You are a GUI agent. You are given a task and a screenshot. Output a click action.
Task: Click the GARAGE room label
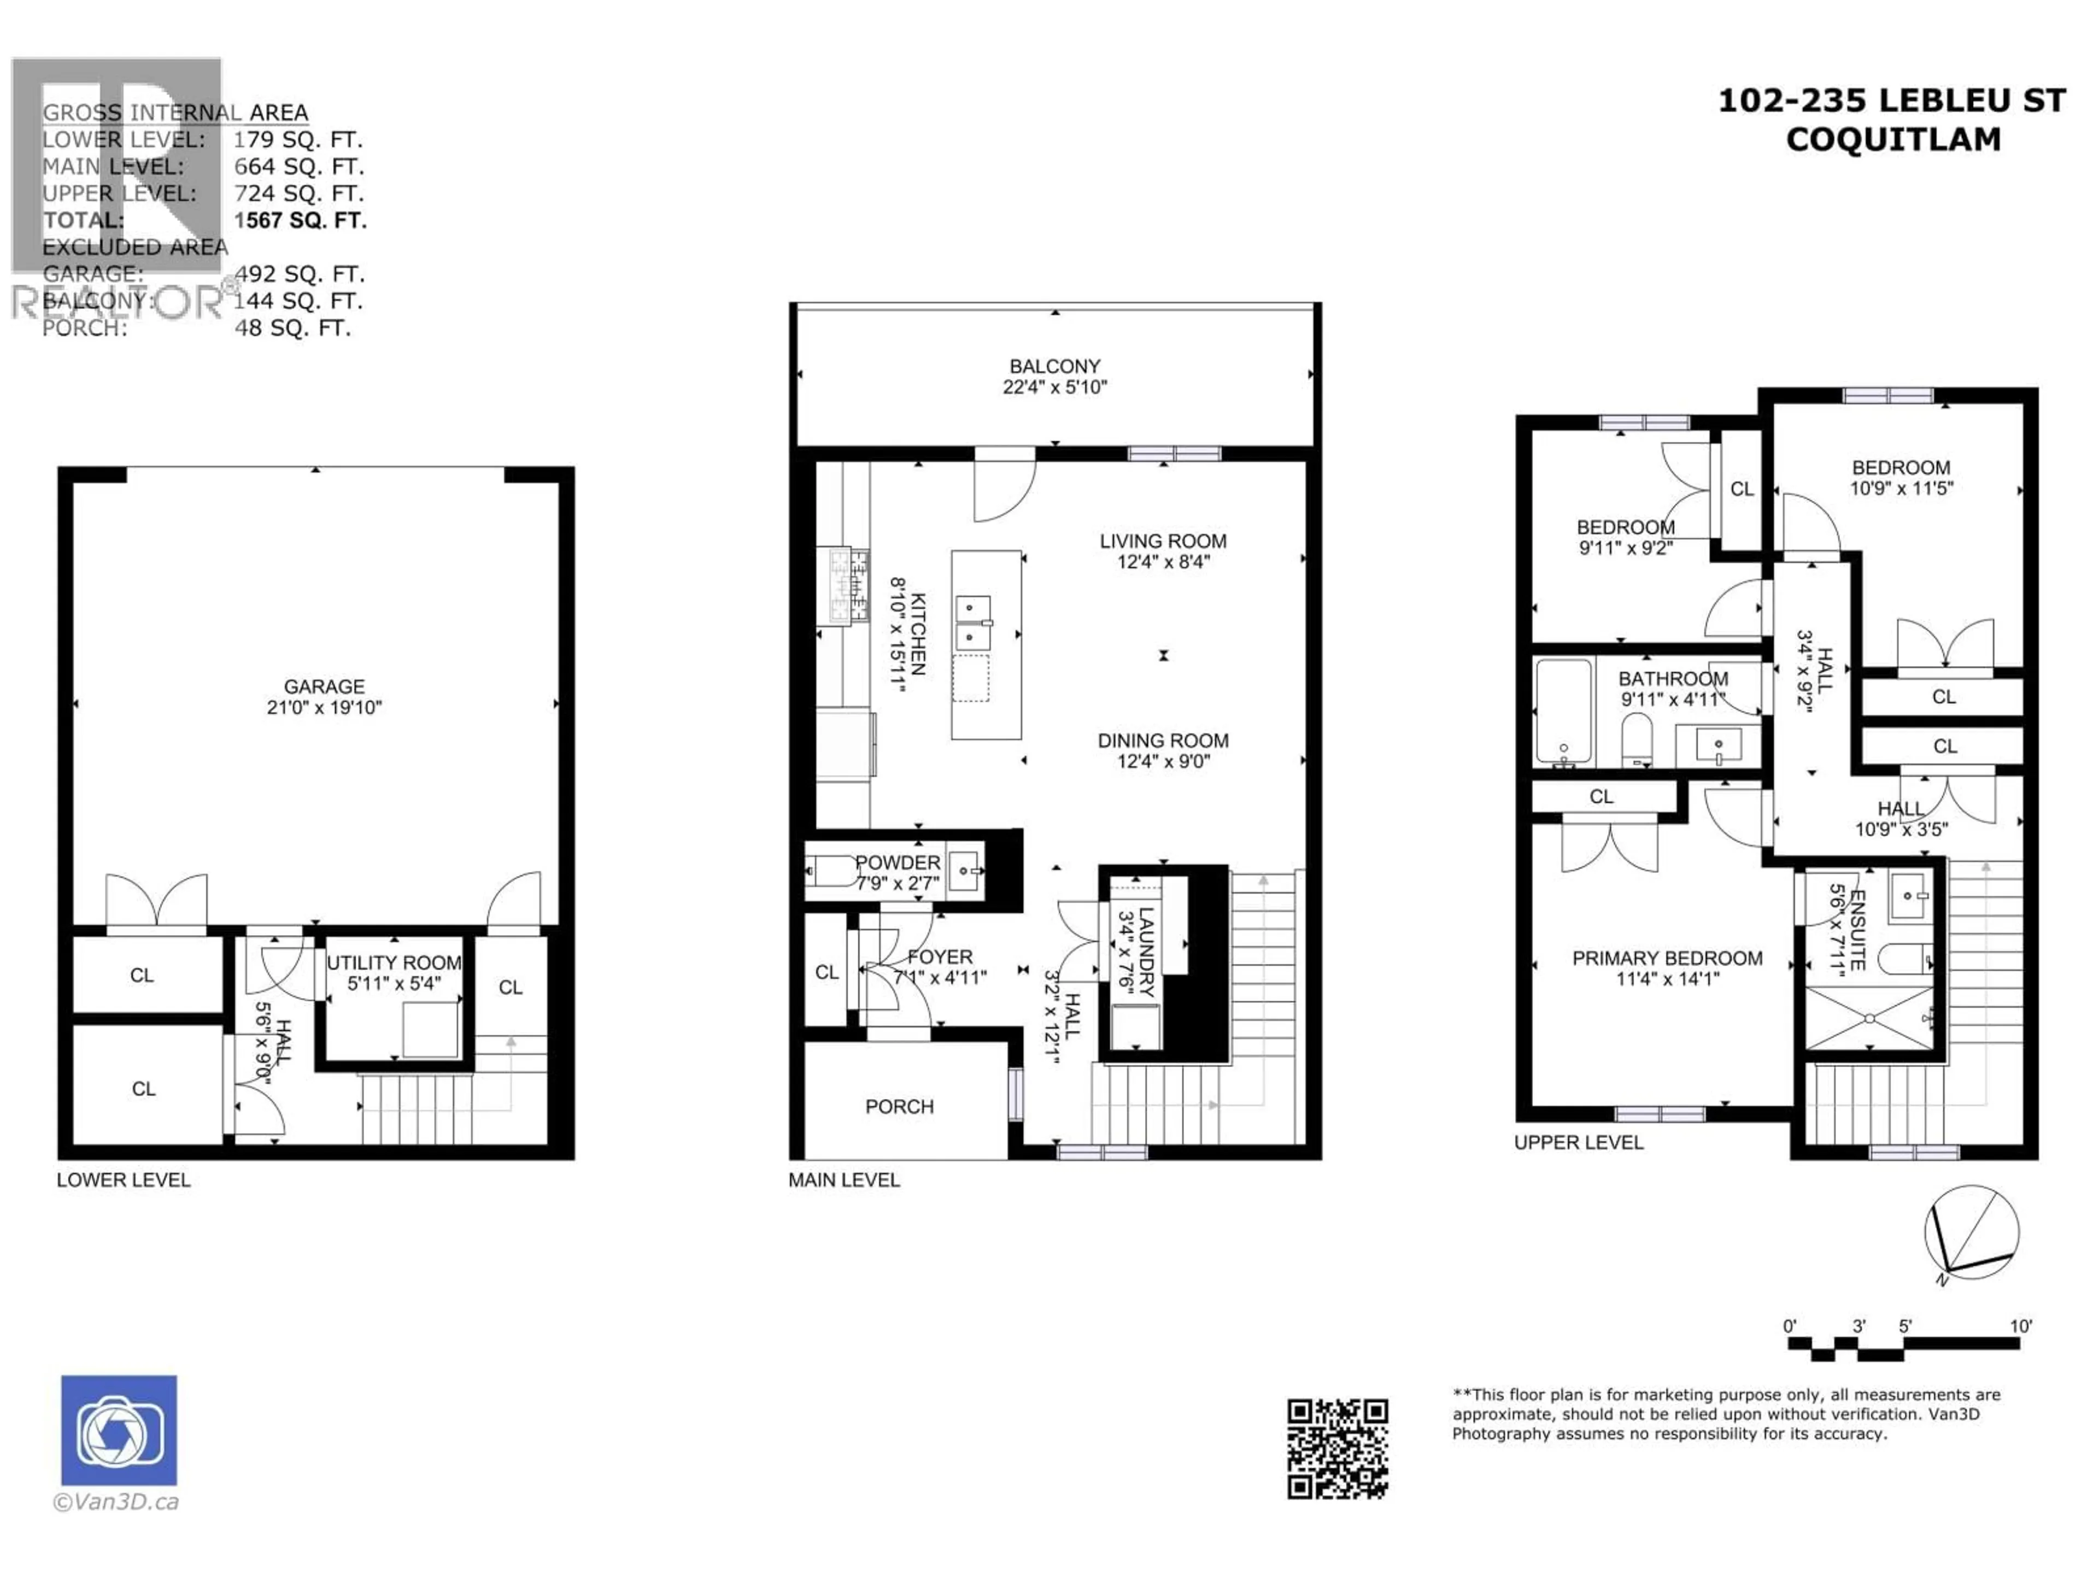pyautogui.click(x=324, y=686)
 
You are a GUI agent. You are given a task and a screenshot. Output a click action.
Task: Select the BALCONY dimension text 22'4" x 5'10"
pyautogui.click(x=1054, y=387)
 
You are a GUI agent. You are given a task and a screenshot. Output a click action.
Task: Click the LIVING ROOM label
pyautogui.click(x=1163, y=541)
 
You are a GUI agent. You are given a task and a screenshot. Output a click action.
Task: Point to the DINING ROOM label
pyautogui.click(x=1163, y=740)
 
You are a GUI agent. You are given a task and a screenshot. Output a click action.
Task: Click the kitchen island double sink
pyautogui.click(x=972, y=621)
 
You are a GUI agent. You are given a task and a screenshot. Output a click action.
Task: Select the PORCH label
pyautogui.click(x=899, y=1106)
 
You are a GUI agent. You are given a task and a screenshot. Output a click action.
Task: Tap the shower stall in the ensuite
pyautogui.click(x=1867, y=1018)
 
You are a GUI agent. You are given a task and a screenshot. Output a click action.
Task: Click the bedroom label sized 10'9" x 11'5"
pyautogui.click(x=1901, y=468)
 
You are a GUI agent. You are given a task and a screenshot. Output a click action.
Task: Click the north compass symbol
pyautogui.click(x=1971, y=1234)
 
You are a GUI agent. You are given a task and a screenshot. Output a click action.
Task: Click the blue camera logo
pyautogui.click(x=119, y=1430)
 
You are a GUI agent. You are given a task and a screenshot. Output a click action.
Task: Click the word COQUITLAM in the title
pyautogui.click(x=1892, y=139)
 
